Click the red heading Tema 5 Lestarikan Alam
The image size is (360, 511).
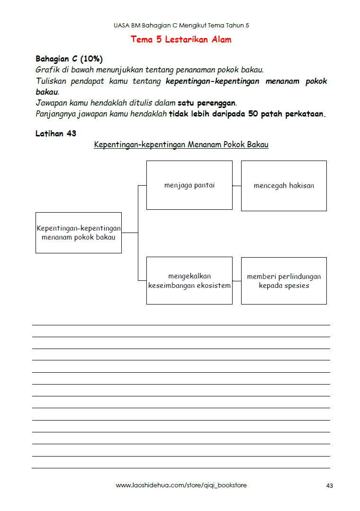[181, 40]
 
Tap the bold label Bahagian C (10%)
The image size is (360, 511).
[69, 59]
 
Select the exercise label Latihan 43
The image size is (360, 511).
[56, 134]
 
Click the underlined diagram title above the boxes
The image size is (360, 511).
[181, 144]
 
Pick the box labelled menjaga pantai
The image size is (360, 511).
[189, 185]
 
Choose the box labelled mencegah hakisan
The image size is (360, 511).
[284, 186]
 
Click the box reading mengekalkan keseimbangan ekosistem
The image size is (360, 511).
[189, 280]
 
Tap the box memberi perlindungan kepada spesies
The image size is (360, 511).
[284, 280]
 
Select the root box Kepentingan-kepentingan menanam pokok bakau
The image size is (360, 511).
[79, 233]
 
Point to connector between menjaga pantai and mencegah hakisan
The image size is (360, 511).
[237, 186]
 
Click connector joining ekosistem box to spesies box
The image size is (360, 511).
[237, 281]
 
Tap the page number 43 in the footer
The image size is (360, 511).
[330, 486]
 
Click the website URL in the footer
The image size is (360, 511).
[181, 485]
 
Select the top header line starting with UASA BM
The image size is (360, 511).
[181, 25]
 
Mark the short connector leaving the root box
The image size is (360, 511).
[129, 233]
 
